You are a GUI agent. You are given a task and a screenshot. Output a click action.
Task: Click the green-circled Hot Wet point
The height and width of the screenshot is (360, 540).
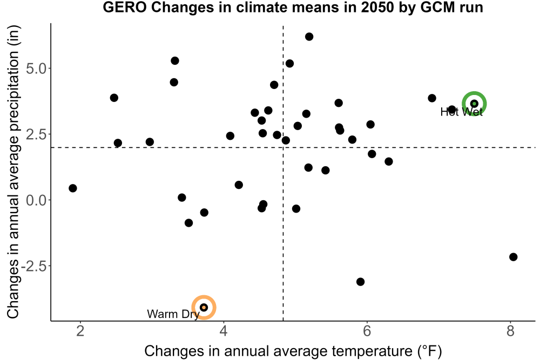click(474, 104)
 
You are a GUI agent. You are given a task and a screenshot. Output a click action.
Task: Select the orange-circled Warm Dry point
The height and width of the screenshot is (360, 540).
click(204, 307)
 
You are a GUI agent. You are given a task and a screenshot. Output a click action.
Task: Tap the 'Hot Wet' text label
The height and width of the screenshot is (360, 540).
click(462, 112)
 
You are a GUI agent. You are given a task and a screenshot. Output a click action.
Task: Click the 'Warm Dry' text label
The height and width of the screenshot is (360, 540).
click(173, 314)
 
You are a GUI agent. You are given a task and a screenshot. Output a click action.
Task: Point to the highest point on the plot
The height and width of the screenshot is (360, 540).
click(309, 37)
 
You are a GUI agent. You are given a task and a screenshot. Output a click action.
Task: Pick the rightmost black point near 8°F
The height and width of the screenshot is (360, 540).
click(513, 257)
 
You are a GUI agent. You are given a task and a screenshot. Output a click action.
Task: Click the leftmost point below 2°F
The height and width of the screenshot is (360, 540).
click(73, 188)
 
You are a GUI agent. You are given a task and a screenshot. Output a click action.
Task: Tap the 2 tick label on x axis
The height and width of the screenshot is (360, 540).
click(80, 331)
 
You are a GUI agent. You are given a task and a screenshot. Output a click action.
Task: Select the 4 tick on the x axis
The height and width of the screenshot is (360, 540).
click(224, 331)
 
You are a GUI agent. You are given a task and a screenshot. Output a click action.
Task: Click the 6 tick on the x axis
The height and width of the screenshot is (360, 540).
click(367, 331)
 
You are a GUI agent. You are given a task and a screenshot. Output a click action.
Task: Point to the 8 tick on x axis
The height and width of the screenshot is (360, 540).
click(510, 331)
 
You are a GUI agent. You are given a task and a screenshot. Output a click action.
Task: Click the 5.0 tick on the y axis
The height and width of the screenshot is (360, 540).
click(36, 69)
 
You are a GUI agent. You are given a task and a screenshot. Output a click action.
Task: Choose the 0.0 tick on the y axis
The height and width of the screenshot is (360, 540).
click(36, 200)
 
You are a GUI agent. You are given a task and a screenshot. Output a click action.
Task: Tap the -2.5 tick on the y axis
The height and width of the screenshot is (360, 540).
click(33, 266)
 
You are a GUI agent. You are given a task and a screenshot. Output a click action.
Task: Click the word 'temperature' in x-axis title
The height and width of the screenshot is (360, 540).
click(370, 351)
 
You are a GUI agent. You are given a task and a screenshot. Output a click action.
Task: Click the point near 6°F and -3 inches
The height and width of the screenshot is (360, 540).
click(360, 282)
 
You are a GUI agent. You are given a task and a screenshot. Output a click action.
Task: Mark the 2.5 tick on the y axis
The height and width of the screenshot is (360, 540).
click(36, 134)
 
